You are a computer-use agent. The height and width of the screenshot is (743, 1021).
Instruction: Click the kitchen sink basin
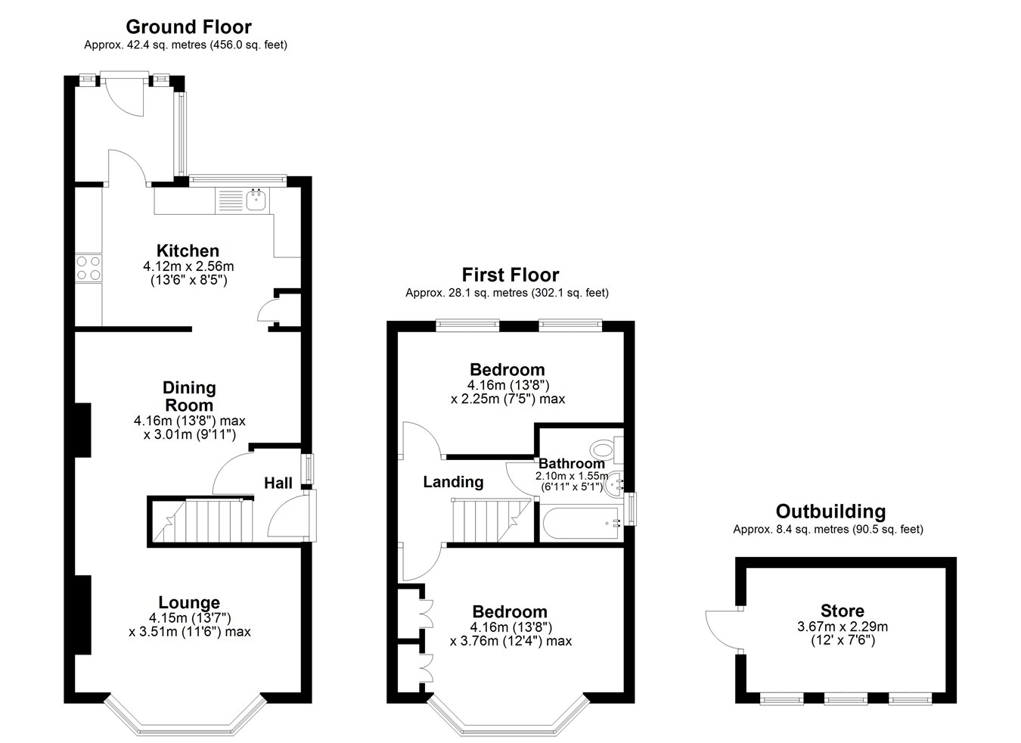tap(257, 200)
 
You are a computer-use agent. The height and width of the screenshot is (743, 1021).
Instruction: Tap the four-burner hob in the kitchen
tap(88, 268)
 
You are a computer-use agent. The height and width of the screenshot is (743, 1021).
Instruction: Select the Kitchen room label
tap(188, 250)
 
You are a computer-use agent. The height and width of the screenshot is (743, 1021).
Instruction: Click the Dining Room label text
tap(189, 396)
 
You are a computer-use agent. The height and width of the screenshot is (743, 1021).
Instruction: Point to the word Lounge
tap(189, 602)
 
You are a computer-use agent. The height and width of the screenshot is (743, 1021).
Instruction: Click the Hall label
tap(278, 483)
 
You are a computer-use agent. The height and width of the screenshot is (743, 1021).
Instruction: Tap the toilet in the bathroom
tap(607, 449)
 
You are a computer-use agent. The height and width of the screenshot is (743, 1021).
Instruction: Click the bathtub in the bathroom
tap(581, 523)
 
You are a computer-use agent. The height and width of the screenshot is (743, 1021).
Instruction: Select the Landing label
tap(453, 482)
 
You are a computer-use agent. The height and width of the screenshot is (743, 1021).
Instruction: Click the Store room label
tap(843, 611)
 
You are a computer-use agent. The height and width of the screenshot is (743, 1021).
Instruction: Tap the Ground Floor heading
tap(189, 27)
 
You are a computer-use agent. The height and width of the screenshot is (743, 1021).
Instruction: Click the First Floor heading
tap(510, 275)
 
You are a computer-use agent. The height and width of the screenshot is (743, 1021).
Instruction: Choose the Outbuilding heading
tap(830, 511)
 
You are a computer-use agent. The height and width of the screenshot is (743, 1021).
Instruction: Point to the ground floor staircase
tap(203, 521)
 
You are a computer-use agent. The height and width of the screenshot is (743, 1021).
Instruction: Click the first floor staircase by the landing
tap(492, 521)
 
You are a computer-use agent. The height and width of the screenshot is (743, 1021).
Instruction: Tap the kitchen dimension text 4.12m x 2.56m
tap(188, 266)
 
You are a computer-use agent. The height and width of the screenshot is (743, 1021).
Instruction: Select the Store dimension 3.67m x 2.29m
tap(843, 626)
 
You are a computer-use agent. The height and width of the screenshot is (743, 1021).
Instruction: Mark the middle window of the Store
tap(846, 698)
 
